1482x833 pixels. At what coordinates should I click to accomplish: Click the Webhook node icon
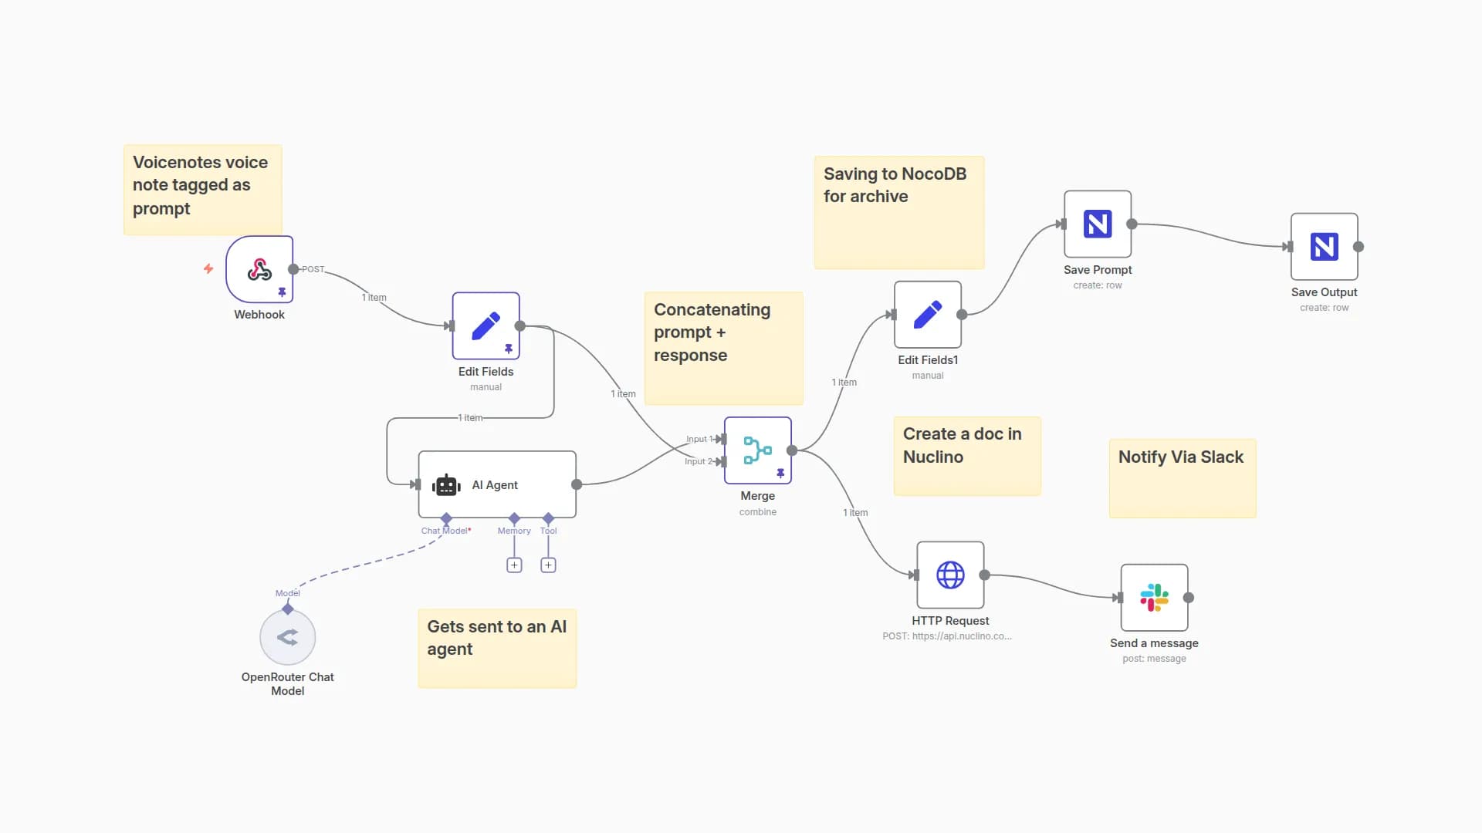tap(259, 269)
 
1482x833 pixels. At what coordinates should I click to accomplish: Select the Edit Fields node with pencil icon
tap(486, 325)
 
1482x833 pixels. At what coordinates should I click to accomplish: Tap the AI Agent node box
tap(496, 484)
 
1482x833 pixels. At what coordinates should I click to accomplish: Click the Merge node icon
tap(757, 450)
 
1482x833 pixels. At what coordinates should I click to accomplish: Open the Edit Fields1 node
tap(927, 315)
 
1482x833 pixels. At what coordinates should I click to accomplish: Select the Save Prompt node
tap(1097, 224)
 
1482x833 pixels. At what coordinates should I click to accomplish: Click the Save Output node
tap(1324, 247)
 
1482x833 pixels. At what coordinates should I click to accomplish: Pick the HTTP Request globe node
tap(950, 575)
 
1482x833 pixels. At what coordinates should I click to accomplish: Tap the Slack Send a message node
tap(1154, 598)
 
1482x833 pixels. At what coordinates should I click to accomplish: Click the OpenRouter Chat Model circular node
tap(287, 637)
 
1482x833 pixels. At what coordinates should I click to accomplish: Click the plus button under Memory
tap(514, 565)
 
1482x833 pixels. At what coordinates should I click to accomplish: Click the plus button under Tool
tap(548, 565)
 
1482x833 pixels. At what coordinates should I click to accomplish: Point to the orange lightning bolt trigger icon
tap(208, 268)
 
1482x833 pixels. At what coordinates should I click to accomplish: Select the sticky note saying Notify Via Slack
tap(1182, 478)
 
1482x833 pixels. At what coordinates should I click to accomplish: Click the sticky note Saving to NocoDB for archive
tap(898, 213)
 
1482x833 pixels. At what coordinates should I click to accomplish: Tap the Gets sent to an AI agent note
tap(497, 648)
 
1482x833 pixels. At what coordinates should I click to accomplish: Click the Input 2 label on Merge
tap(698, 461)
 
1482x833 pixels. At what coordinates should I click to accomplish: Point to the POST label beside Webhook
tap(313, 269)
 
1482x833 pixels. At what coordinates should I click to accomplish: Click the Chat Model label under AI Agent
tap(445, 531)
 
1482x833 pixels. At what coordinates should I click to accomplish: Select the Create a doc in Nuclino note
tap(966, 456)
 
